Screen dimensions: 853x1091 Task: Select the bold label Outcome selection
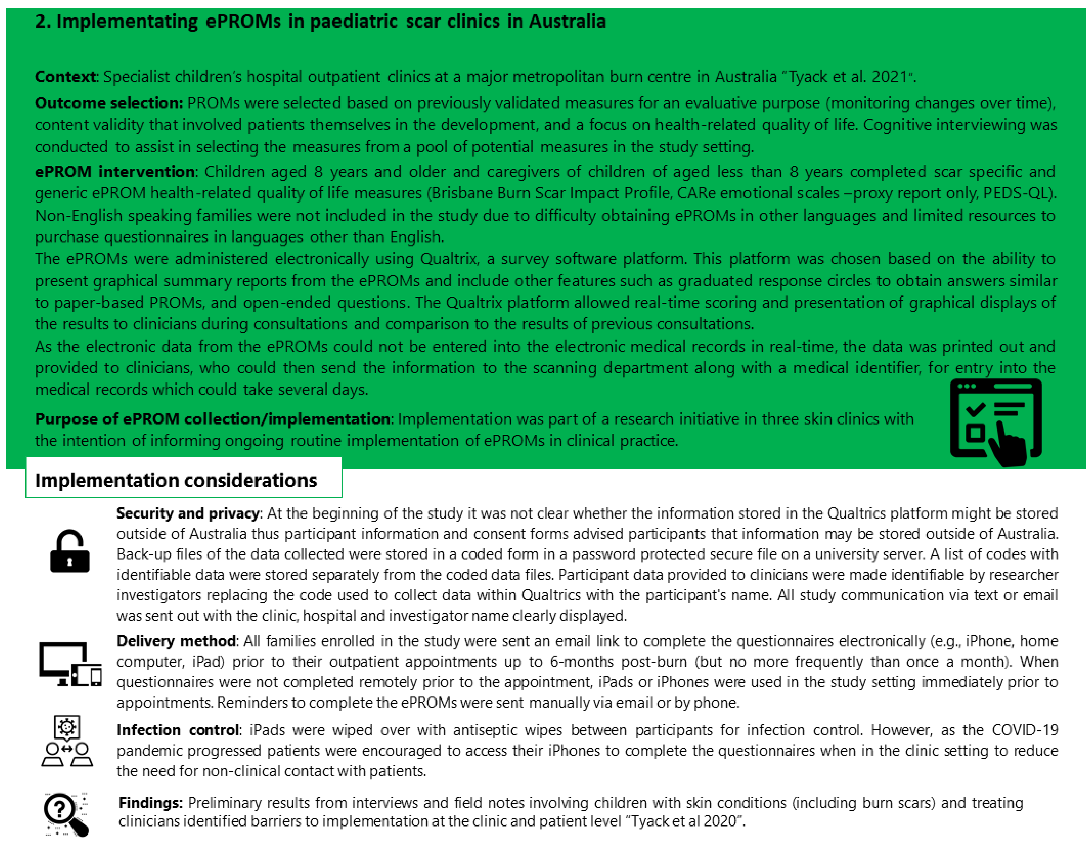pos(109,103)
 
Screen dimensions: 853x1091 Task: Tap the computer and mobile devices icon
pos(70,664)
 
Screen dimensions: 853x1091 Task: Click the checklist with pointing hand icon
pos(996,422)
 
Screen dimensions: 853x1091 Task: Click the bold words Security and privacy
pos(188,513)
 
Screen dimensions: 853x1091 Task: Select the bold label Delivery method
pos(176,641)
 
